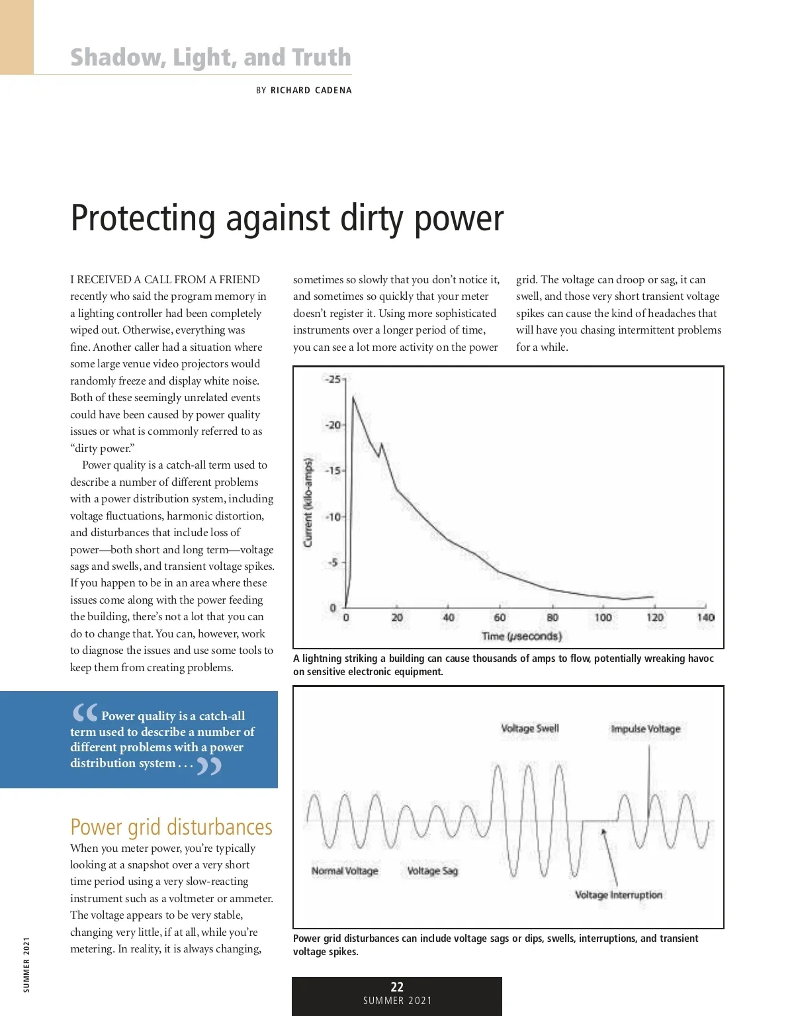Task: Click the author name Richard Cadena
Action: [311, 91]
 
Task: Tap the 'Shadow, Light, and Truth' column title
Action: [210, 58]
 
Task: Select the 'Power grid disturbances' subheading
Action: [171, 827]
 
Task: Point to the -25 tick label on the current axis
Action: [333, 379]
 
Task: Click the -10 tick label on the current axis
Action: [333, 516]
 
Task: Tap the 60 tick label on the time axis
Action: [500, 618]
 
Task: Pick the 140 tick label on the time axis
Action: [705, 618]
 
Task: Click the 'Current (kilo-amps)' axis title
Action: [308, 502]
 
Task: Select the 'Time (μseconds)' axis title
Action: [521, 636]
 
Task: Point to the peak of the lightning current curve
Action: [353, 397]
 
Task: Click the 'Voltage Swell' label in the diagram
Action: [529, 729]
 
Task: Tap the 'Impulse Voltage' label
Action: [645, 729]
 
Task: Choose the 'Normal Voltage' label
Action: [345, 871]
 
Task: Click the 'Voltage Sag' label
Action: [432, 871]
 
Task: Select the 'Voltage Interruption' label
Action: [618, 895]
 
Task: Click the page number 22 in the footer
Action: [397, 987]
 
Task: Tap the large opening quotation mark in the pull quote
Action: [85, 712]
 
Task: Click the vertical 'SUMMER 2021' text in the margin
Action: [26, 964]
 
